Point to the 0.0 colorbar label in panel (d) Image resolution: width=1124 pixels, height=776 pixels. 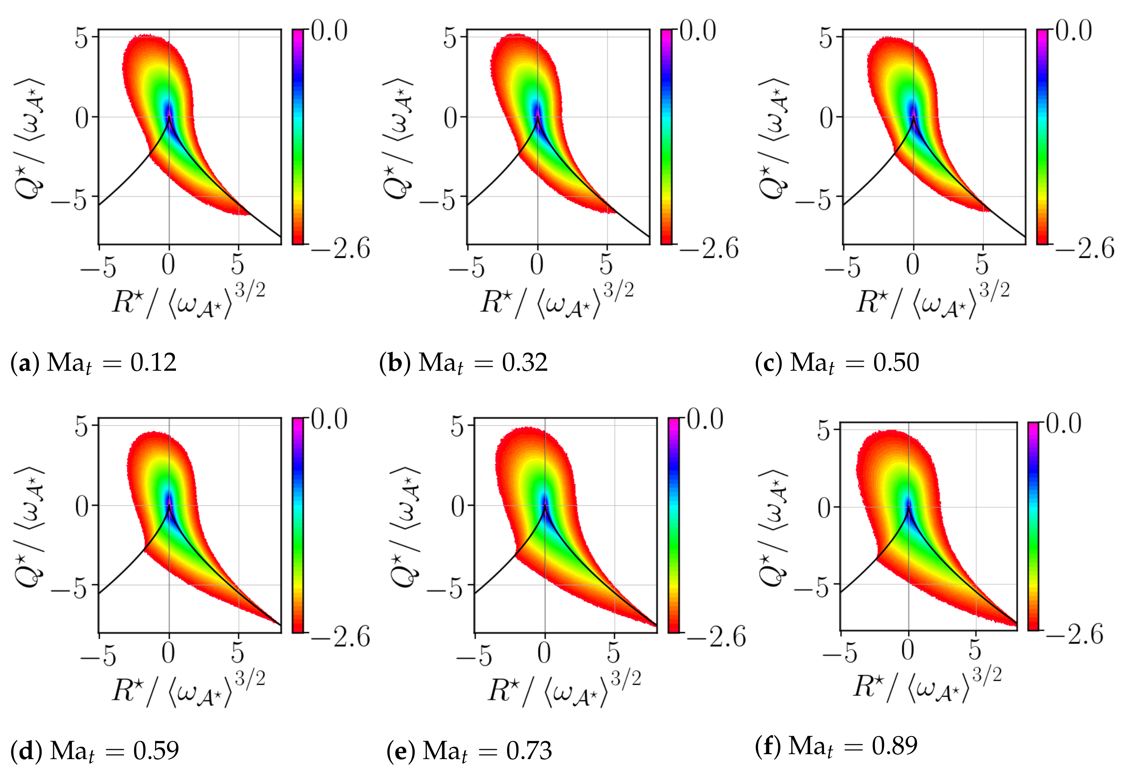tap(329, 419)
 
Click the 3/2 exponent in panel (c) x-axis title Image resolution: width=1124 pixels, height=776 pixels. tap(994, 290)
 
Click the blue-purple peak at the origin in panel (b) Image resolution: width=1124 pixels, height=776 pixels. tap(537, 109)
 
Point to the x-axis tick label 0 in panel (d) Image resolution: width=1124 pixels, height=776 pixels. tap(168, 653)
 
